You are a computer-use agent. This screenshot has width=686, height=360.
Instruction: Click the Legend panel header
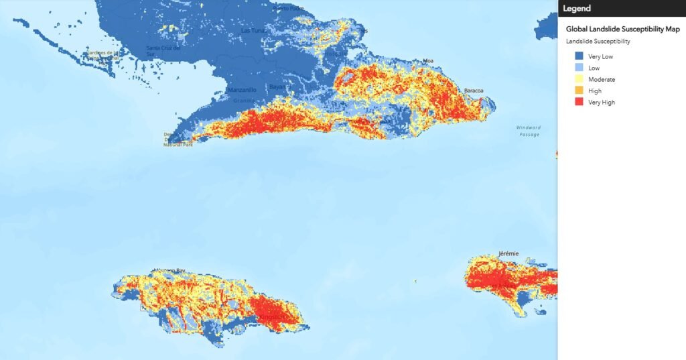pyautogui.click(x=577, y=8)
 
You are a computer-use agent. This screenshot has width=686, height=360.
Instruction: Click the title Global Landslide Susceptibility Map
pyautogui.click(x=622, y=29)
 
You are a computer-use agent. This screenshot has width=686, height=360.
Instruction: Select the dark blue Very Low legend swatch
pyautogui.click(x=579, y=56)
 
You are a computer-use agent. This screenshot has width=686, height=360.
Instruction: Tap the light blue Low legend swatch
pyautogui.click(x=579, y=68)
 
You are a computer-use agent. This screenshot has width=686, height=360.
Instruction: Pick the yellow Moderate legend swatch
pyautogui.click(x=579, y=79)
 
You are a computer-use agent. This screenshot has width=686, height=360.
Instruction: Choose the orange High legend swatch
pyautogui.click(x=579, y=91)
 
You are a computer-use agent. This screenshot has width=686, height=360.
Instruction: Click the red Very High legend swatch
pyautogui.click(x=579, y=102)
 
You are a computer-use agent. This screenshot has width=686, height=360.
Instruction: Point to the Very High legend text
pyautogui.click(x=601, y=103)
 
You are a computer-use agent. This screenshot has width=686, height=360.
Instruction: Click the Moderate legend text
pyautogui.click(x=602, y=80)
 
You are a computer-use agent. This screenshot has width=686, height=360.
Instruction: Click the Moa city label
pyautogui.click(x=428, y=61)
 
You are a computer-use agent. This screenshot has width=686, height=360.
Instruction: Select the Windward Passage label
pyautogui.click(x=528, y=131)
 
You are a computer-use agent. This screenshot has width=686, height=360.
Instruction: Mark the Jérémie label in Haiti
pyautogui.click(x=508, y=254)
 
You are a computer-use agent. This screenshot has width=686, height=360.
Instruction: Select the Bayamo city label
pyautogui.click(x=277, y=87)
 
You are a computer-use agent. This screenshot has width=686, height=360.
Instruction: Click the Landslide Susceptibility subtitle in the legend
pyautogui.click(x=598, y=42)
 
